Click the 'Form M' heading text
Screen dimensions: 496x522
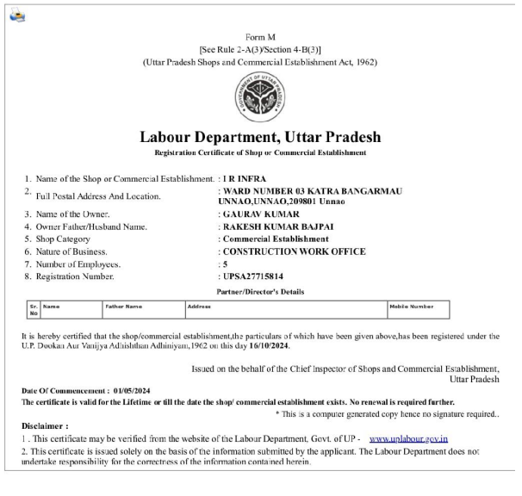pos(260,36)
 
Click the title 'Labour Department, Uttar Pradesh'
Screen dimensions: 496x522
pos(259,138)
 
